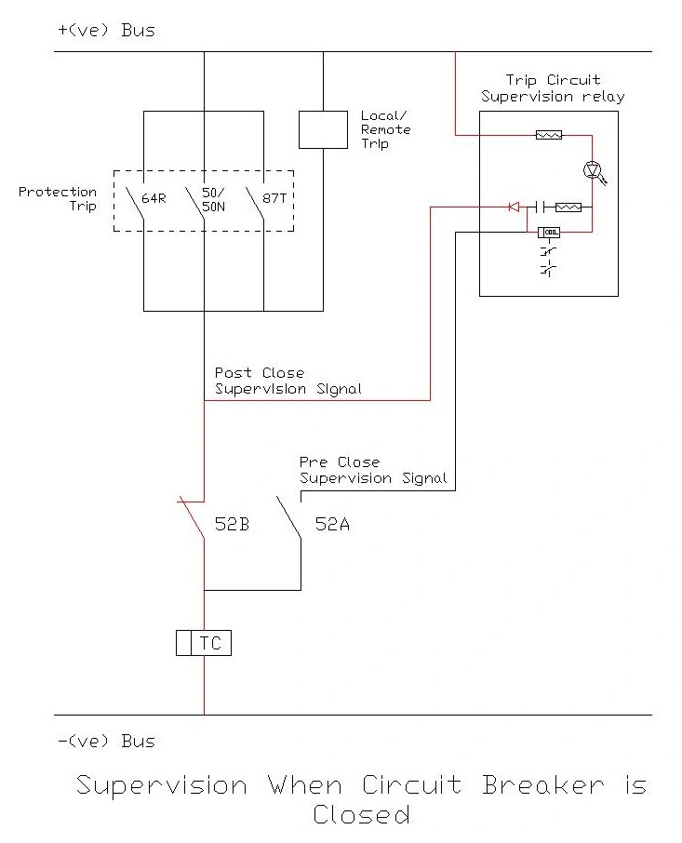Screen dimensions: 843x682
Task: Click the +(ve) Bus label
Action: point(105,30)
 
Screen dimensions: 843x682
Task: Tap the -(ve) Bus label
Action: point(105,742)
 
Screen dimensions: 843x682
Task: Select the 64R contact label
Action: point(154,198)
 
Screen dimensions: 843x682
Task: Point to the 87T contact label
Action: point(276,198)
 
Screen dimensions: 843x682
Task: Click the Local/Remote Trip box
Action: point(323,129)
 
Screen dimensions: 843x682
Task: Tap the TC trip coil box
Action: point(203,642)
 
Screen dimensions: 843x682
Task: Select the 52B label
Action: point(232,524)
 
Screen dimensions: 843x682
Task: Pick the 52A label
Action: point(332,524)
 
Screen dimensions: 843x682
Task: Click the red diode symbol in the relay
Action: point(514,207)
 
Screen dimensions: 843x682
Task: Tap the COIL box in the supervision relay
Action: point(548,232)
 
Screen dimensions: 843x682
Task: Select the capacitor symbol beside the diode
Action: point(538,207)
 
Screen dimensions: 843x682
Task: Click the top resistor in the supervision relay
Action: point(549,135)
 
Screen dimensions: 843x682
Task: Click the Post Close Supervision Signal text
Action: point(288,381)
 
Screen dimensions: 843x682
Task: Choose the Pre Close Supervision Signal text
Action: point(372,470)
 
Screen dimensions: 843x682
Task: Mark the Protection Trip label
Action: point(58,198)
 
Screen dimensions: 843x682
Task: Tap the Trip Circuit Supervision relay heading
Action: point(553,88)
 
